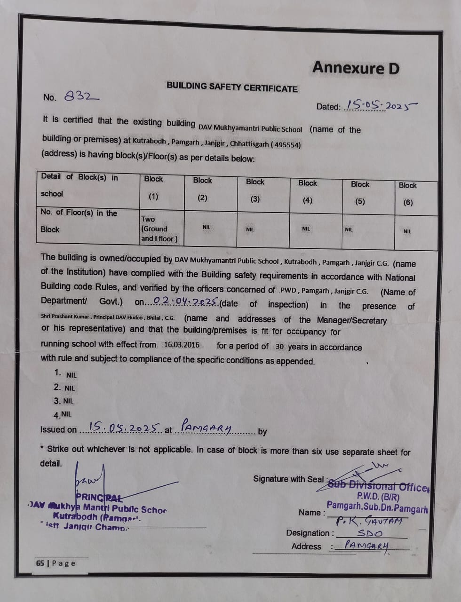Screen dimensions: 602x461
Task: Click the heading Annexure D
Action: click(x=356, y=68)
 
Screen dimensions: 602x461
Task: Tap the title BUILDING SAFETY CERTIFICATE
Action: click(x=232, y=87)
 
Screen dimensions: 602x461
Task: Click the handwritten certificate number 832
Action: click(x=81, y=96)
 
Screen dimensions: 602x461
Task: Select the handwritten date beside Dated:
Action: click(x=381, y=105)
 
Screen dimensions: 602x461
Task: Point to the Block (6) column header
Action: click(x=407, y=194)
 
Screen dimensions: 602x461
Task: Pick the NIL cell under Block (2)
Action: click(x=207, y=227)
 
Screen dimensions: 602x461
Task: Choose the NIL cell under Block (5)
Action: click(x=349, y=230)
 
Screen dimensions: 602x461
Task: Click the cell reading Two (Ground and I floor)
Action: click(x=159, y=229)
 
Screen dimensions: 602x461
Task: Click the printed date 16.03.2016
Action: click(x=182, y=345)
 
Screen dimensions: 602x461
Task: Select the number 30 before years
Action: click(x=279, y=347)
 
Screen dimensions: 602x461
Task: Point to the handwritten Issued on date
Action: click(x=125, y=428)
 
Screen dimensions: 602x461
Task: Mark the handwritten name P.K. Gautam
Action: click(x=369, y=521)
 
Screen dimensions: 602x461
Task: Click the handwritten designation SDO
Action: click(x=370, y=533)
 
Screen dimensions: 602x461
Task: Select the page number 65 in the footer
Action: click(x=40, y=563)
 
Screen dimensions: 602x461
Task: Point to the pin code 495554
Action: click(x=287, y=145)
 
